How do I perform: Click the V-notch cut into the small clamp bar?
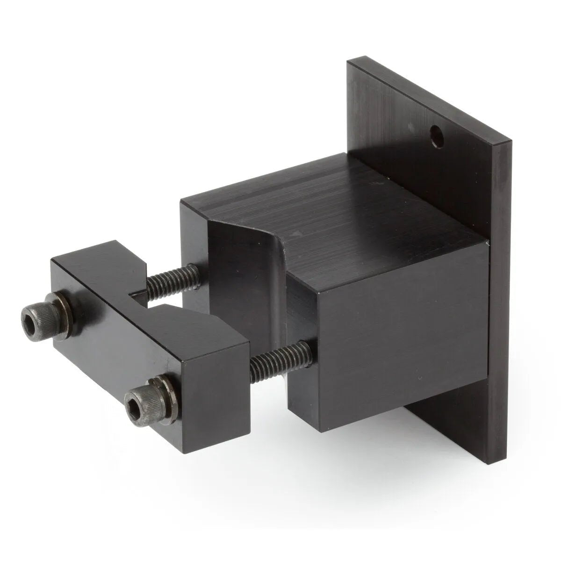coord(140,299)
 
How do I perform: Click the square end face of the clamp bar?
coord(206,374)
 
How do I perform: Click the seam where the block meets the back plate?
coord(488,327)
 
